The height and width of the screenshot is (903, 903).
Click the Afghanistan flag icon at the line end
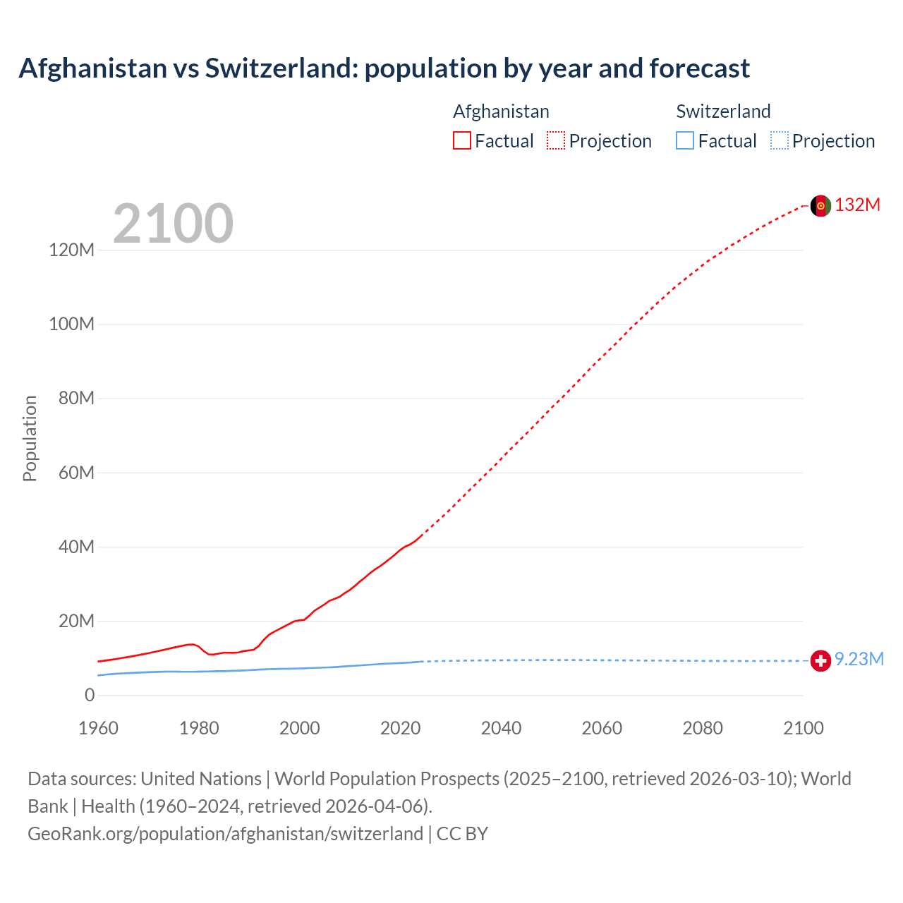point(820,205)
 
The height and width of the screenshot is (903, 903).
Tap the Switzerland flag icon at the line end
point(820,660)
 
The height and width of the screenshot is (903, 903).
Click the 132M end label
point(857,205)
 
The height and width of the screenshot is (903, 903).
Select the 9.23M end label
point(859,660)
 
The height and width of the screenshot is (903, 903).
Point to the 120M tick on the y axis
point(71,250)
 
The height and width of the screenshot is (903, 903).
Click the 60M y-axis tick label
point(75,473)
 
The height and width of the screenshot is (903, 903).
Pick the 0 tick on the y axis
point(90,696)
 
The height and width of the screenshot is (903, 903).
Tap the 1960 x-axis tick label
point(98,728)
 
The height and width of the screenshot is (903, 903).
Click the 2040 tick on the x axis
point(501,728)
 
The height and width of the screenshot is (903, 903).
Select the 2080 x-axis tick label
point(703,728)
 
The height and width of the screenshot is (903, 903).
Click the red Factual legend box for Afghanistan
point(462,141)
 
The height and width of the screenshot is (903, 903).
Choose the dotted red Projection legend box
point(556,141)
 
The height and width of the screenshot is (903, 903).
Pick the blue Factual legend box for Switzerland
point(685,141)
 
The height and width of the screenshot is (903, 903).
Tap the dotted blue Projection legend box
point(780,141)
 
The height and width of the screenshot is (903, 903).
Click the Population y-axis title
point(30,438)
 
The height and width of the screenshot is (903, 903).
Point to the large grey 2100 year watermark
point(173,224)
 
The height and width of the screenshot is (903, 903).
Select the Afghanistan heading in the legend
point(501,111)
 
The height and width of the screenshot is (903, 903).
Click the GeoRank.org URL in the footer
point(225,834)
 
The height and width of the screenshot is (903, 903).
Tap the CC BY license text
point(462,834)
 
